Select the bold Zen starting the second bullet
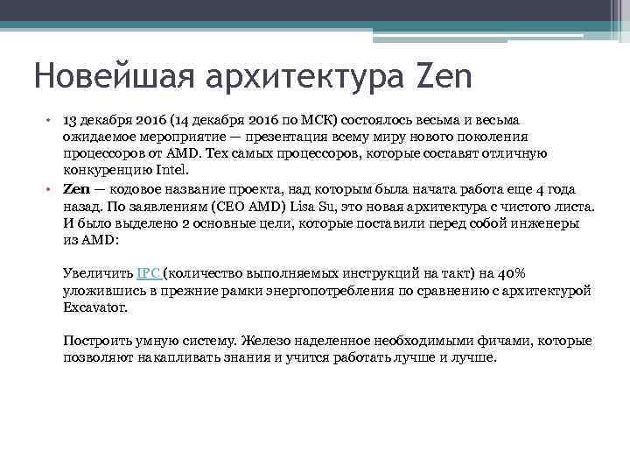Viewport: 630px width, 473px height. point(77,189)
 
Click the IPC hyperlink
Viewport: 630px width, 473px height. point(149,273)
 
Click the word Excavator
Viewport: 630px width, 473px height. point(94,307)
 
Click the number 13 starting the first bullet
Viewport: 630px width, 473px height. point(71,119)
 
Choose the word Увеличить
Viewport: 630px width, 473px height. point(98,273)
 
